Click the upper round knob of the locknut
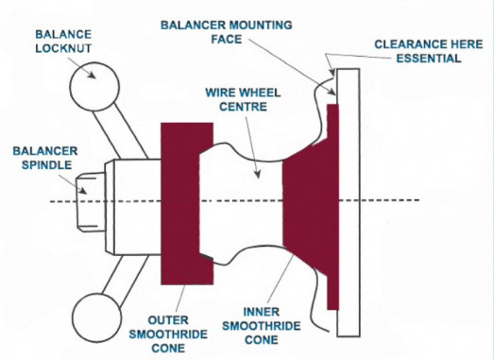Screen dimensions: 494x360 click(94, 87)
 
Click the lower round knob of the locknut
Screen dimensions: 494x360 click(96, 317)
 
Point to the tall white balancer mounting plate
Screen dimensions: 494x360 click(349, 202)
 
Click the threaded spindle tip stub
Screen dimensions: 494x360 click(92, 202)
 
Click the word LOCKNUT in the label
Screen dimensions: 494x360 click(63, 48)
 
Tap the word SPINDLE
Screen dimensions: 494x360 click(46, 164)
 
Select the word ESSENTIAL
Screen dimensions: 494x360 click(429, 59)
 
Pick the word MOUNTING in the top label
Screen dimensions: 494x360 click(261, 25)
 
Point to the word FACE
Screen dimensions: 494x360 click(227, 39)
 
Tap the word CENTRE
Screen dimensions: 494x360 click(243, 107)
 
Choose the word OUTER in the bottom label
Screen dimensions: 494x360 click(168, 320)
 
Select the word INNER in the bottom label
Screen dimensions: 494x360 click(262, 312)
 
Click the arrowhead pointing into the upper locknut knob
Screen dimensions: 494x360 click(92, 75)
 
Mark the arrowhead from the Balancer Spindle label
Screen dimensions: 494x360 click(82, 190)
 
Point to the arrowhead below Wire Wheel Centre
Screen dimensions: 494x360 click(258, 174)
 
